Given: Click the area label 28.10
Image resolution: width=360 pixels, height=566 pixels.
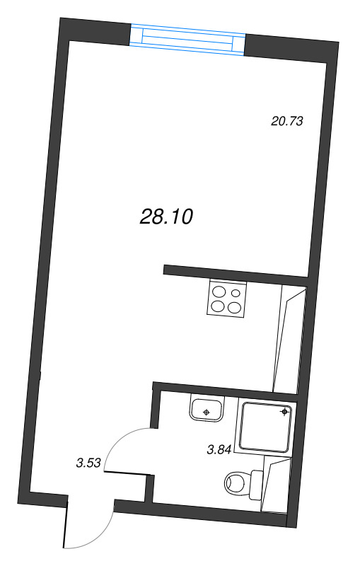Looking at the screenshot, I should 167,217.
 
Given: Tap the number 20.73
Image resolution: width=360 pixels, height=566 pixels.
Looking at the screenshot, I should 287,121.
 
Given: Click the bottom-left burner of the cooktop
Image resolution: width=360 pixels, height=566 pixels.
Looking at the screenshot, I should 218,306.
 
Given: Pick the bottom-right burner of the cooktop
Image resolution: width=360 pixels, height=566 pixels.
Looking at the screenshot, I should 234,307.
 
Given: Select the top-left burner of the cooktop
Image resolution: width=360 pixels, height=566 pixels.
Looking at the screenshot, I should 218,291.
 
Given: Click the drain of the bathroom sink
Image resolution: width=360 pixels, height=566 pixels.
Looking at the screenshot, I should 206,411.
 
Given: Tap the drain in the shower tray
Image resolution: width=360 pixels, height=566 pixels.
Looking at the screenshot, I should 284,410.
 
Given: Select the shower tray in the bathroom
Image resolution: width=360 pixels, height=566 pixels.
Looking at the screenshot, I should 266,426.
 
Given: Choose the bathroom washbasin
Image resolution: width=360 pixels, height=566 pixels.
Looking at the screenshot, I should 207,408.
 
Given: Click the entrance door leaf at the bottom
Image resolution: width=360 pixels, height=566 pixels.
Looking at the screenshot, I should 66,524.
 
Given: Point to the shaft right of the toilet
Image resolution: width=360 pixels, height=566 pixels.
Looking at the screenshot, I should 276,485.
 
